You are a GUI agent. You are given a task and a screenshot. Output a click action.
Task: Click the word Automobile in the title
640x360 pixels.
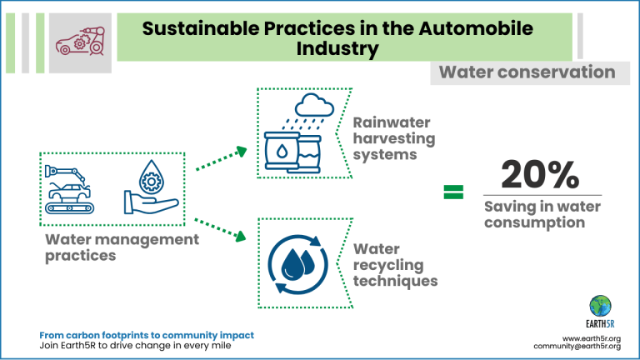tap(476, 28)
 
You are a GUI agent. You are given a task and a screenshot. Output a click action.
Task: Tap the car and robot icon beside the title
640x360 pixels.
tap(80, 41)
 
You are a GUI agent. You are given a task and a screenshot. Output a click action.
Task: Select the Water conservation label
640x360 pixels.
tap(527, 72)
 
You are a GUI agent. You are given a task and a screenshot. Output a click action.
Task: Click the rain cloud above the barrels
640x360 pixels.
tap(314, 105)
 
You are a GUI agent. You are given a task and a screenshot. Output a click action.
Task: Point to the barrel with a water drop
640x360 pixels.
tap(282, 151)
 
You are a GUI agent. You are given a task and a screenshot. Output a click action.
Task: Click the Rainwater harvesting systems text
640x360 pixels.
tap(394, 138)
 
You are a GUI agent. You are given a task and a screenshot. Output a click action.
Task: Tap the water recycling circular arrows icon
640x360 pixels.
tap(298, 264)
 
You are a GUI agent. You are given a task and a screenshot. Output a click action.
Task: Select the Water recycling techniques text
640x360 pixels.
tap(395, 265)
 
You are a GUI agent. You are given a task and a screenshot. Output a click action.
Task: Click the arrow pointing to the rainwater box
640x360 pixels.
tap(221, 158)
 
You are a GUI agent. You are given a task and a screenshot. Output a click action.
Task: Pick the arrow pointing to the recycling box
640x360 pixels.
tap(220, 230)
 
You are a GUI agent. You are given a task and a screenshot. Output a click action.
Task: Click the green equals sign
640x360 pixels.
tap(453, 192)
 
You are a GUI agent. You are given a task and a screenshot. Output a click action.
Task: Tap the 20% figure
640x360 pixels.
tap(540, 174)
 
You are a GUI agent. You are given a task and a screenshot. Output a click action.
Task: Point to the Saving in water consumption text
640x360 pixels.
tap(542, 214)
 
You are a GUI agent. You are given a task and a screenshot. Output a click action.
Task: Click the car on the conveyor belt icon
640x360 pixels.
tap(69, 189)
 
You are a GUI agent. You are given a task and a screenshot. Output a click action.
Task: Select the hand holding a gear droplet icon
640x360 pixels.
tap(152, 187)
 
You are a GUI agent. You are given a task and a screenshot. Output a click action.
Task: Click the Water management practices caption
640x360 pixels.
tap(122, 247)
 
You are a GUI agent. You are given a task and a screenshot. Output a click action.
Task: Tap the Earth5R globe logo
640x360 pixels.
tap(600, 306)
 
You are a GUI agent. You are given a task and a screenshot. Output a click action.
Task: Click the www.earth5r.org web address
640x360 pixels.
tap(592, 339)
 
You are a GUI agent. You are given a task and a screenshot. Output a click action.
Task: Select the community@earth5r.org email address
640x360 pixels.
tap(577, 346)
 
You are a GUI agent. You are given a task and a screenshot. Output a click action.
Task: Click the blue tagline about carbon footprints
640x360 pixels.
tap(147, 335)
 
